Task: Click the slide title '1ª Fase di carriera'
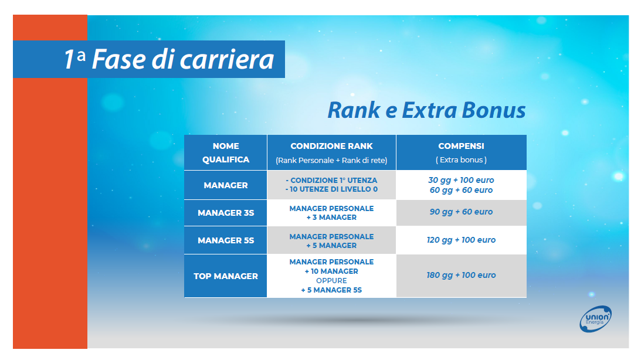(x=169, y=59)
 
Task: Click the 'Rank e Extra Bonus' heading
(x=426, y=110)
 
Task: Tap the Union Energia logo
(x=596, y=319)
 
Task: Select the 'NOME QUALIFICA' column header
(x=226, y=152)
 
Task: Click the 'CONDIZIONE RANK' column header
(x=331, y=146)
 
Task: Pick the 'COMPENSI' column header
(x=461, y=146)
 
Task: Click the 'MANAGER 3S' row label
(x=226, y=213)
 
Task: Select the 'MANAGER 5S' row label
(x=226, y=240)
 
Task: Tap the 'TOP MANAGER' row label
(x=226, y=276)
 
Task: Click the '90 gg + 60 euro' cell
(x=461, y=212)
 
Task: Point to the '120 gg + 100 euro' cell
(x=461, y=240)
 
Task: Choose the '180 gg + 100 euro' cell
(x=461, y=275)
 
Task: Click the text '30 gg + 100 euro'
(x=461, y=180)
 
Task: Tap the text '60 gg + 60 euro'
(x=461, y=190)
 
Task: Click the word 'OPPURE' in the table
(x=331, y=281)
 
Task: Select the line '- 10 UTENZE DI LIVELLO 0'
(x=331, y=189)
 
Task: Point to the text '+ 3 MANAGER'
(x=331, y=218)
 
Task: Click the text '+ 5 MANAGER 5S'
(x=331, y=290)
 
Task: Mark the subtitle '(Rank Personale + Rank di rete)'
(x=331, y=160)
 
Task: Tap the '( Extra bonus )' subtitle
(x=461, y=160)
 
